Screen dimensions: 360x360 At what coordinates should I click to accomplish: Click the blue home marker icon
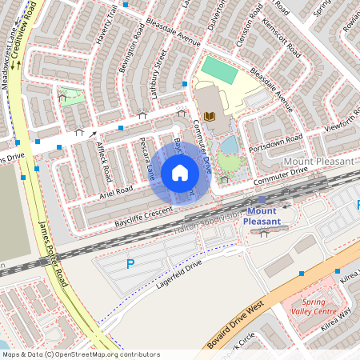(x=180, y=172)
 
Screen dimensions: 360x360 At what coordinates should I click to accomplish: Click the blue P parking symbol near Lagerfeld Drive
(x=130, y=263)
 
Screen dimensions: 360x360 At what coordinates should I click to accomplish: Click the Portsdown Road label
(x=274, y=142)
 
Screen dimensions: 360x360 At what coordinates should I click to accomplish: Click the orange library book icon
(x=210, y=118)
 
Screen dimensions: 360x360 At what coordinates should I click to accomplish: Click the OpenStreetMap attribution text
(x=81, y=354)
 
